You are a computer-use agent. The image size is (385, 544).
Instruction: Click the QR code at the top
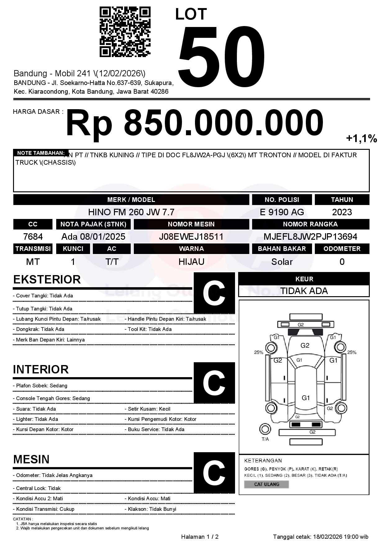125,32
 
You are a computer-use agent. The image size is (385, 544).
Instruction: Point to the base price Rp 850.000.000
194,123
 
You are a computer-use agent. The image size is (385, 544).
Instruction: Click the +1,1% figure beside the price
361,139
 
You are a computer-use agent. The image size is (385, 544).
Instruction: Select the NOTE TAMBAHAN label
41,153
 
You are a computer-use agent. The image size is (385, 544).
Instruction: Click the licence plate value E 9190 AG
282,212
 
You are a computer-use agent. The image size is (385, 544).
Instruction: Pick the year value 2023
342,212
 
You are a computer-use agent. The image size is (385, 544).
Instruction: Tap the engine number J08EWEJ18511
191,237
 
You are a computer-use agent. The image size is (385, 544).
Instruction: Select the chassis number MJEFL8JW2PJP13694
310,237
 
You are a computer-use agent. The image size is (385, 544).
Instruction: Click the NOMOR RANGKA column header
310,224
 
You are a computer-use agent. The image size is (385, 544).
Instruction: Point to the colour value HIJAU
191,262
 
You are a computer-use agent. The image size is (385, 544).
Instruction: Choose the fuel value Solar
282,262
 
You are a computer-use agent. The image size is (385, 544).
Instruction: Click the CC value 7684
33,237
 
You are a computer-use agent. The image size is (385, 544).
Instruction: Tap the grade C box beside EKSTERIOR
214,293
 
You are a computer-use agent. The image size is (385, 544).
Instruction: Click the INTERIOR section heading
41,369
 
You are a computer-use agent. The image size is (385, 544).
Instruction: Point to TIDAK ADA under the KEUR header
304,291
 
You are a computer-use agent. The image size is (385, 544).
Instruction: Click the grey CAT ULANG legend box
266,484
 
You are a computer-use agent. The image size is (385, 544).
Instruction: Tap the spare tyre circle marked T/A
265,429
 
